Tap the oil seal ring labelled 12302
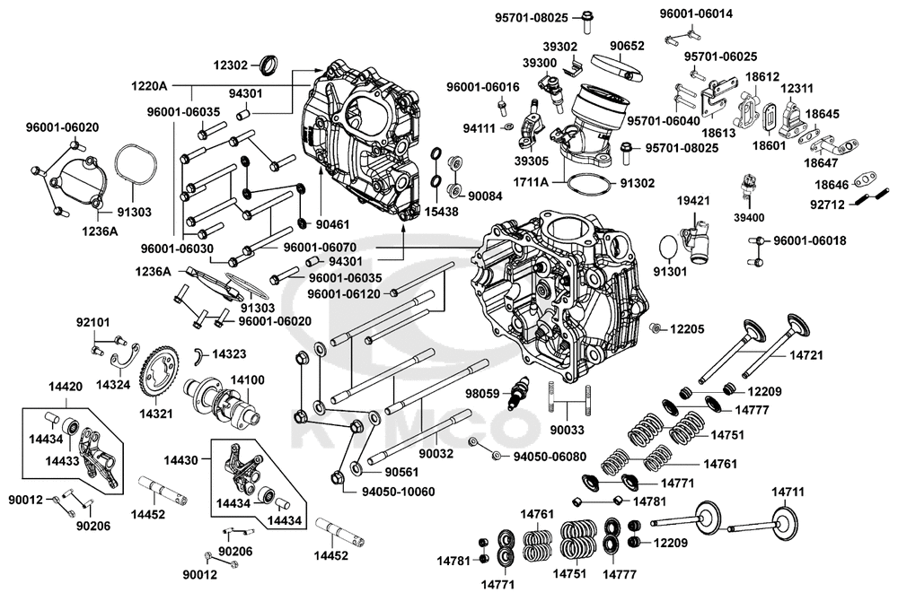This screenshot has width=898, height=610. pos(268,65)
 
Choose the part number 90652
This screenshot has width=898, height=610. pos(629,46)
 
